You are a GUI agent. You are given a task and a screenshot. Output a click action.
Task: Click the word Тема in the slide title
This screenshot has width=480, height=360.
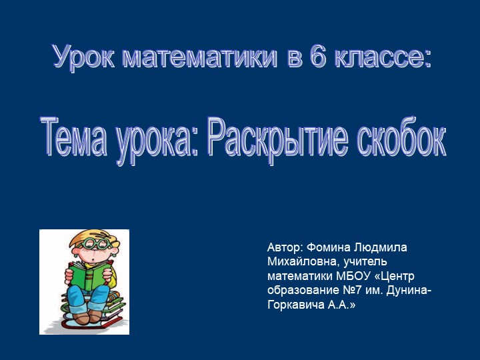click(x=74, y=137)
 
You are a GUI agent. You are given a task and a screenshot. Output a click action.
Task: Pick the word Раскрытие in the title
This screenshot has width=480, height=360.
click(x=277, y=137)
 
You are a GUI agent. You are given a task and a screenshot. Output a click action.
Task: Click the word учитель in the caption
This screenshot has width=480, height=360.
click(x=360, y=262)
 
